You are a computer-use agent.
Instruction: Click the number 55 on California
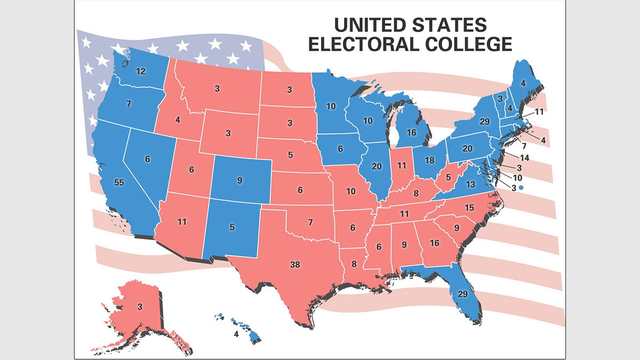point(120,182)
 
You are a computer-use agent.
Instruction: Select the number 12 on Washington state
point(141,71)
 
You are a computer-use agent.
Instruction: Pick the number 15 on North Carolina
point(469,207)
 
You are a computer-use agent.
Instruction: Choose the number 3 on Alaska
point(139,307)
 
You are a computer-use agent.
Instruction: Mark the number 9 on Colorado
point(239,180)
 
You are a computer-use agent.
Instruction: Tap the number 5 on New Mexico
point(232,227)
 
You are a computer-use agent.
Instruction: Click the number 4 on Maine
point(523,83)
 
